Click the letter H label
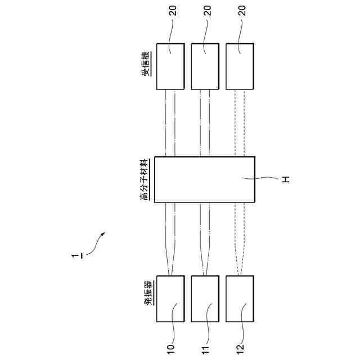click(x=285, y=179)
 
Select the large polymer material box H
click(x=204, y=179)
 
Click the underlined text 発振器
click(x=147, y=293)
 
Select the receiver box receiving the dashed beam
click(x=239, y=66)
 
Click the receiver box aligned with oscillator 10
click(x=170, y=66)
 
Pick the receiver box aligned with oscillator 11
click(x=205, y=66)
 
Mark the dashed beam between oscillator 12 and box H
click(x=240, y=236)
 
